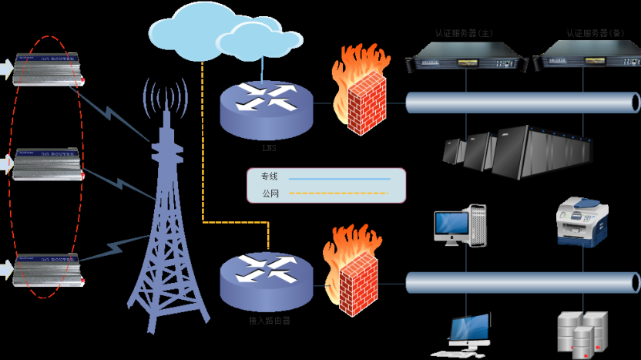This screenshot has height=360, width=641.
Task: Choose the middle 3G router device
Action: coord(47,163)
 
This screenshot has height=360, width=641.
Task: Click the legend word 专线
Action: coord(269,177)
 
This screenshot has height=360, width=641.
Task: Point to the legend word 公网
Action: coord(269,193)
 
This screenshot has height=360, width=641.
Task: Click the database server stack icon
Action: coord(583,333)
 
